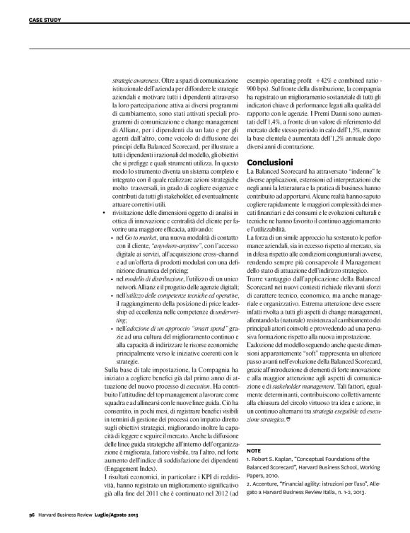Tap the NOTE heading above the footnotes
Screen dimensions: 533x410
[254, 450]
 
